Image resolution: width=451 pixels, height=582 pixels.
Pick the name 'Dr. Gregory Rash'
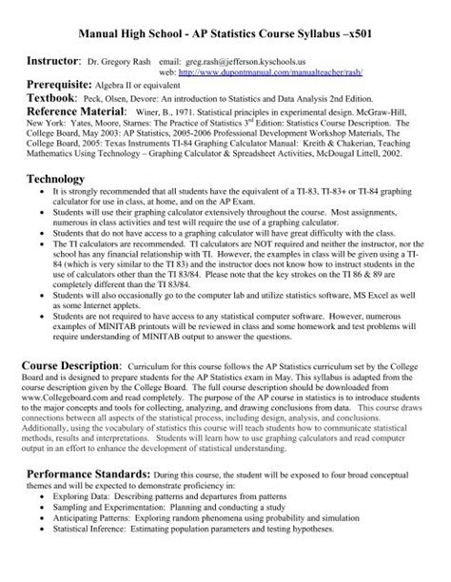click(x=118, y=60)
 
